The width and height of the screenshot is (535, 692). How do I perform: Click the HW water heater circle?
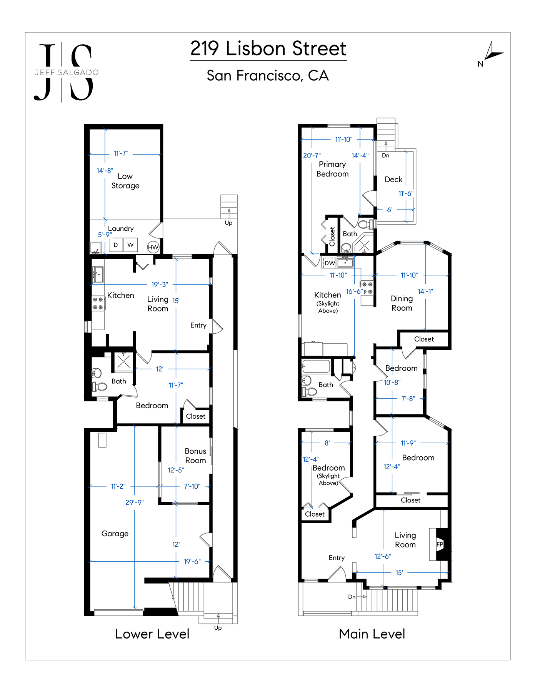pyautogui.click(x=153, y=247)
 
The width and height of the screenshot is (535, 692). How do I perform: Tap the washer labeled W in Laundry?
pyautogui.click(x=131, y=245)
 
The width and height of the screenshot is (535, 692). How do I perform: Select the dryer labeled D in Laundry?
pyautogui.click(x=116, y=245)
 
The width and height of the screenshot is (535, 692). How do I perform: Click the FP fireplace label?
pyautogui.click(x=440, y=544)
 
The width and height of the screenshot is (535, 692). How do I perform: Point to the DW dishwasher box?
pyautogui.click(x=330, y=263)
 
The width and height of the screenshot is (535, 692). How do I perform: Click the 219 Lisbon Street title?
pyautogui.click(x=268, y=49)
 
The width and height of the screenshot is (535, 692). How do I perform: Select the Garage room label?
pyautogui.click(x=115, y=534)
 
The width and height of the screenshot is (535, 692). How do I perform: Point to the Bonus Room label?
pyautogui.click(x=195, y=456)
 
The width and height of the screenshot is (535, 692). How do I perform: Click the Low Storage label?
pyautogui.click(x=125, y=181)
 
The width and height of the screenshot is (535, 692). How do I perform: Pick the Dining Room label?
pyautogui.click(x=402, y=303)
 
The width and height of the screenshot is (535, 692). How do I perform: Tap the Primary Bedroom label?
pyautogui.click(x=332, y=169)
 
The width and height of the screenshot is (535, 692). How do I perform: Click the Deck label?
pyautogui.click(x=393, y=180)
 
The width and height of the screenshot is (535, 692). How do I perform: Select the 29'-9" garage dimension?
pyautogui.click(x=135, y=502)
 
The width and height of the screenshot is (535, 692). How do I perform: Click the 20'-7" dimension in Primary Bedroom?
pyautogui.click(x=312, y=156)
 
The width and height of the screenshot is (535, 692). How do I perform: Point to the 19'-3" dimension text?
pyautogui.click(x=160, y=284)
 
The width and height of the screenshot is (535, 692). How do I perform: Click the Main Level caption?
pyautogui.click(x=372, y=634)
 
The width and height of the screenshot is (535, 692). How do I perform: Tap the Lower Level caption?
pyautogui.click(x=152, y=634)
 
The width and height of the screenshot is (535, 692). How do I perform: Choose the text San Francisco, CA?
pyautogui.click(x=268, y=76)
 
